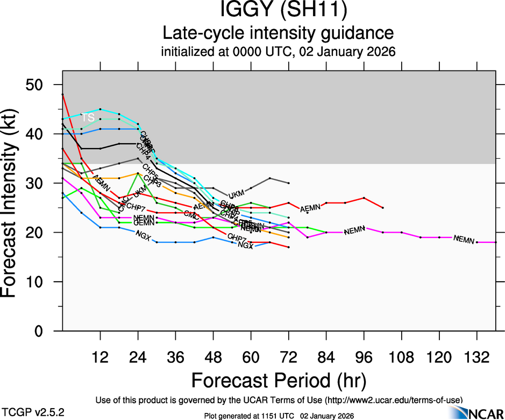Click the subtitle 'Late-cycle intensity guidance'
(x=279, y=33)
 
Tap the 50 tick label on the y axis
(x=40, y=85)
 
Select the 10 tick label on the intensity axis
(x=40, y=282)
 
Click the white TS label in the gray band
(x=88, y=117)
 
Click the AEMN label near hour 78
(x=311, y=208)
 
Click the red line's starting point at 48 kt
(x=63, y=94)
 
